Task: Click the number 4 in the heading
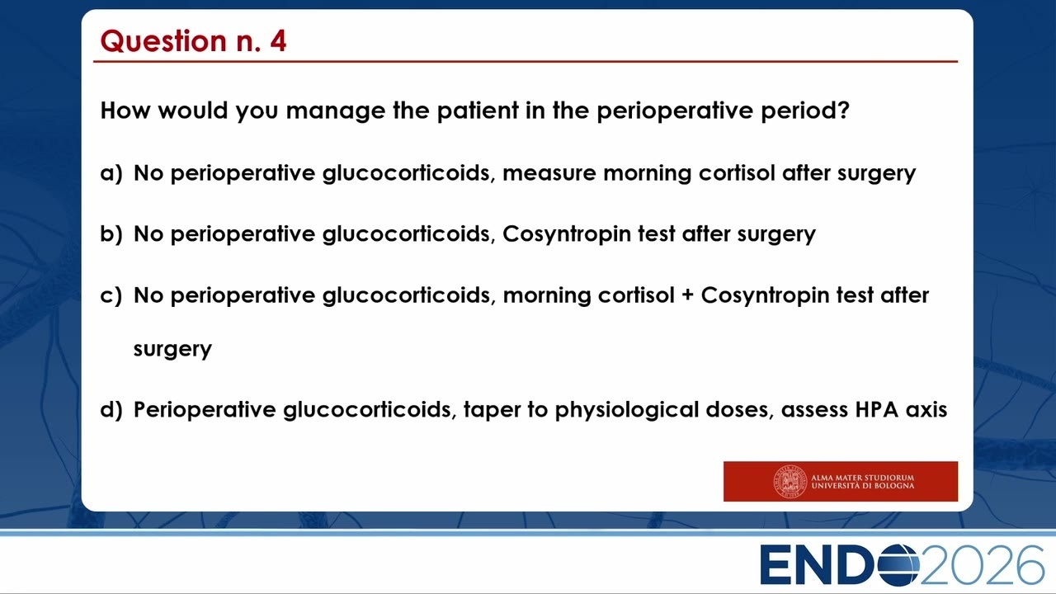278,40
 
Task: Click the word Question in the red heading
163,41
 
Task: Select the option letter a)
111,173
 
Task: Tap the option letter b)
111,233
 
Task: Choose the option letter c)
111,295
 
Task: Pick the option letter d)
111,409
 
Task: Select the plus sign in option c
688,295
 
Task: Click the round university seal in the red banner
790,481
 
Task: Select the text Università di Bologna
862,486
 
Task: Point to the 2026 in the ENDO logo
982,564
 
